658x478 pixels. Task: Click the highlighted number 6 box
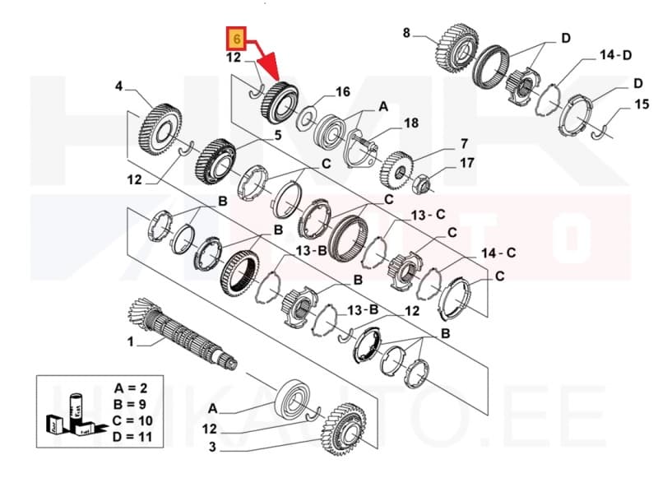[x=236, y=38]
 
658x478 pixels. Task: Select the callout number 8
[x=406, y=33]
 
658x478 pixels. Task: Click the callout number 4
[x=118, y=86]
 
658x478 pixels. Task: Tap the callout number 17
[x=466, y=163]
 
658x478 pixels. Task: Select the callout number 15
[x=642, y=104]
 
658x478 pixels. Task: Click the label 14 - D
[x=614, y=54]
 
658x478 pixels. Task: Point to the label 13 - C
[x=428, y=215]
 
